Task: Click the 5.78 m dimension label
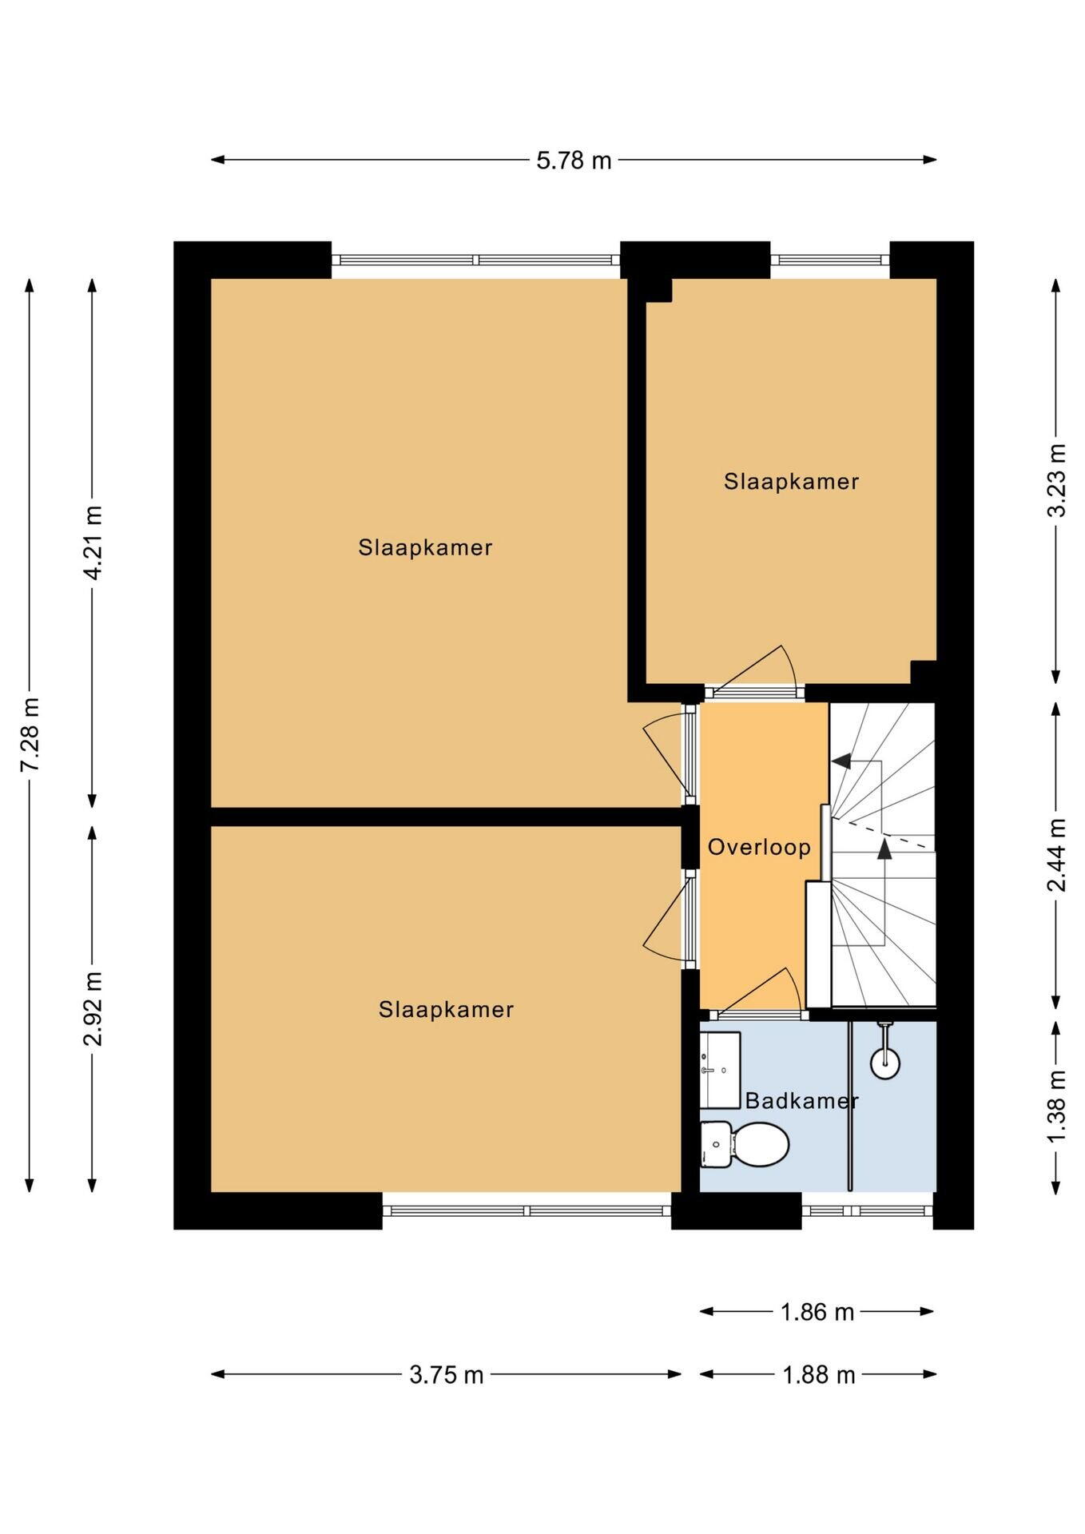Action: [x=574, y=161]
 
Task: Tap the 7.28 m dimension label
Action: [x=30, y=734]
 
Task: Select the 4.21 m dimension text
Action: [x=93, y=543]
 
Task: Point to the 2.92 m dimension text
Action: [x=93, y=1008]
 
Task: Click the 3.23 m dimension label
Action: [x=1056, y=480]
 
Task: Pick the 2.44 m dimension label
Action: [x=1056, y=855]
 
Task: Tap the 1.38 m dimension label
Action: [x=1056, y=1106]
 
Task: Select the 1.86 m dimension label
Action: [x=817, y=1312]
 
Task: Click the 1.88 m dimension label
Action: [x=818, y=1375]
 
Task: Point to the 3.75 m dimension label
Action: [x=447, y=1375]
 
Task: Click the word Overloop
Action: [x=759, y=847]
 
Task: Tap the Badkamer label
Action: [x=801, y=1101]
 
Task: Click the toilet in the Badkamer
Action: [x=745, y=1144]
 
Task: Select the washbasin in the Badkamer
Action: [x=720, y=1070]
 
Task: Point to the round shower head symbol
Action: [x=885, y=1063]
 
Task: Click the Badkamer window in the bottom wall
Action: [x=868, y=1210]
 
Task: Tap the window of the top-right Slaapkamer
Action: [x=830, y=260]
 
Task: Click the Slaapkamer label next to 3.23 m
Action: [x=791, y=482]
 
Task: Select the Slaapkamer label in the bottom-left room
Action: [x=446, y=1010]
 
